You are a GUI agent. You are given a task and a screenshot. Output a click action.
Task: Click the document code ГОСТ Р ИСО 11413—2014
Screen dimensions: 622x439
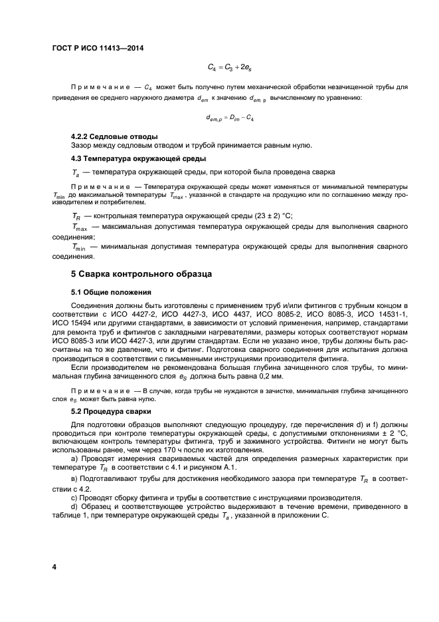click(98, 48)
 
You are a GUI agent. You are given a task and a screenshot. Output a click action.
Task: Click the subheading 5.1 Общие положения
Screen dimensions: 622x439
click(112, 291)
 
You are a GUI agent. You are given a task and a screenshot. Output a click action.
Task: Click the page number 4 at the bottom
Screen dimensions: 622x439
click(55, 566)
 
